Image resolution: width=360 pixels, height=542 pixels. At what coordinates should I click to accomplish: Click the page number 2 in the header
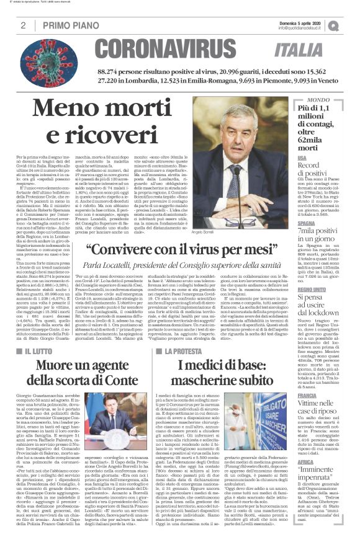[22, 25]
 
